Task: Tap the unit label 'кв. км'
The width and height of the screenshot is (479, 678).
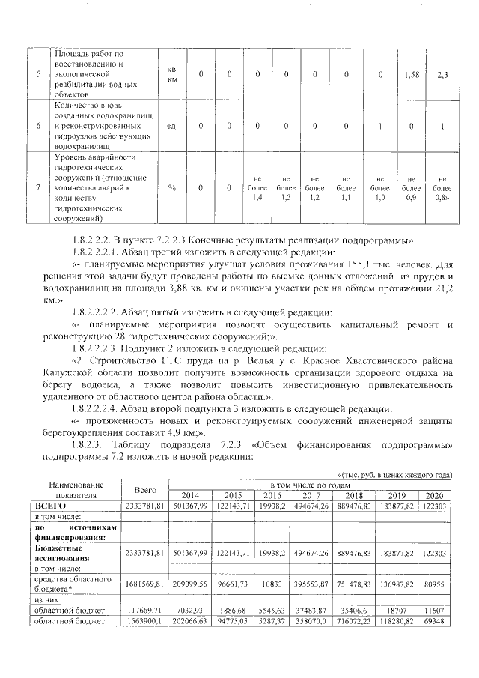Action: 172,74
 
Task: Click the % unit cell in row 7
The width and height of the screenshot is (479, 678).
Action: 172,187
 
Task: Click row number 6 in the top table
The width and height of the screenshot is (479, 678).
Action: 39,127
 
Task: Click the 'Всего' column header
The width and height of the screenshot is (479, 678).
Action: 145,490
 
